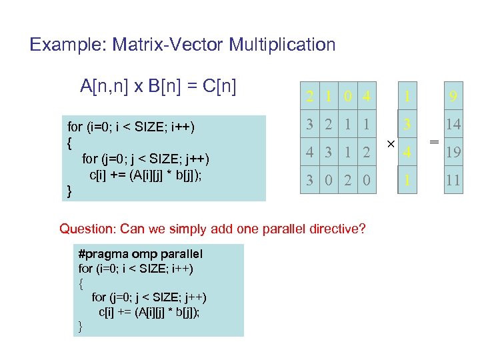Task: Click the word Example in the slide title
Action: pos(59,45)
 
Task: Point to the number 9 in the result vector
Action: pos(453,97)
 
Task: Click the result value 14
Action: pos(453,124)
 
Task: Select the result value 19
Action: pos(453,153)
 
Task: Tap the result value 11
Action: pos(453,180)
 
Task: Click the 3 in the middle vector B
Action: pos(407,124)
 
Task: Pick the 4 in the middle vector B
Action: pos(407,153)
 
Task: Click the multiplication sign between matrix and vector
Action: pos(390,143)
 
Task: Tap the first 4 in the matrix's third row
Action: pos(310,152)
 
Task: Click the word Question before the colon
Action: pos(87,229)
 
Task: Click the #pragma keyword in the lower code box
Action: pos(103,253)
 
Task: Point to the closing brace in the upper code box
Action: pos(70,191)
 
